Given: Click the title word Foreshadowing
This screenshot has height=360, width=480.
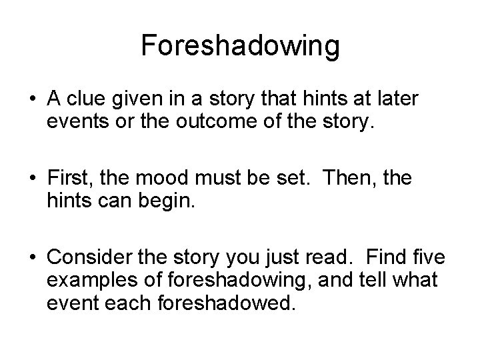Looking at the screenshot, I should pyautogui.click(x=241, y=46).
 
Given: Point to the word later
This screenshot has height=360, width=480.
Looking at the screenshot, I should pyautogui.click(x=399, y=99).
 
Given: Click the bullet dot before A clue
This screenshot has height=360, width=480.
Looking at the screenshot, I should pyautogui.click(x=31, y=100).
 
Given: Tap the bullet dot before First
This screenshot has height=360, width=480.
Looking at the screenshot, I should pyautogui.click(x=31, y=179).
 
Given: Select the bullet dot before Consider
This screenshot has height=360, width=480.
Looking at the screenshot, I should pyautogui.click(x=31, y=257).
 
